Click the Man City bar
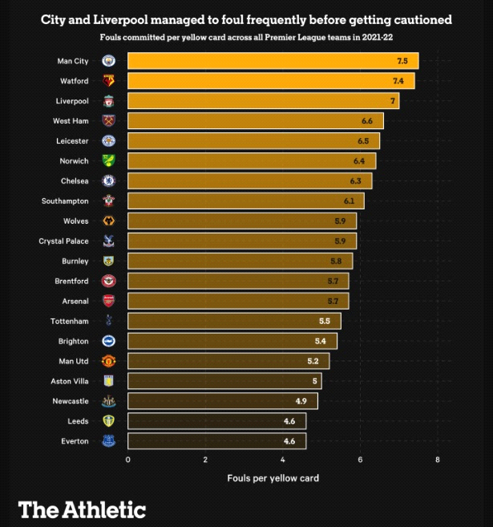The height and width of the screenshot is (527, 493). (x=273, y=61)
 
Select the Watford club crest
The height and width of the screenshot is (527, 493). (x=108, y=81)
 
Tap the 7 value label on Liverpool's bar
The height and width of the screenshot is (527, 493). (x=393, y=101)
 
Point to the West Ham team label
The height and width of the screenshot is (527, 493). (x=71, y=121)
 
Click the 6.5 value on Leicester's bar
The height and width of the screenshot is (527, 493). (x=363, y=141)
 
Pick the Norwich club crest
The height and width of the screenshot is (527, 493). (x=108, y=161)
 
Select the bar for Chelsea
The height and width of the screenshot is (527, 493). (x=249, y=181)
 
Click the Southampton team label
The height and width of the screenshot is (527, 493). (x=65, y=201)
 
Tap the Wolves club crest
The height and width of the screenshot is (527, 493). (x=108, y=221)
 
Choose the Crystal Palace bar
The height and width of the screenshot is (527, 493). (x=241, y=241)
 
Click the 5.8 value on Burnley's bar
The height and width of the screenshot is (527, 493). (x=336, y=261)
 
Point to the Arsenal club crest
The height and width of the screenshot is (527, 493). (x=108, y=301)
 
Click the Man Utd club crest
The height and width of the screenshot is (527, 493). (x=108, y=361)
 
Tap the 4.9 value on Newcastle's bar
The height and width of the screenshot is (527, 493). (x=301, y=401)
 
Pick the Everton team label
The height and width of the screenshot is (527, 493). (x=75, y=441)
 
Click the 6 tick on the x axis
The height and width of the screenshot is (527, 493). (x=361, y=460)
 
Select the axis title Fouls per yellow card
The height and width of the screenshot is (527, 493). (x=273, y=478)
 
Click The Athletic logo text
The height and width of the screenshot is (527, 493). (x=82, y=509)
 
